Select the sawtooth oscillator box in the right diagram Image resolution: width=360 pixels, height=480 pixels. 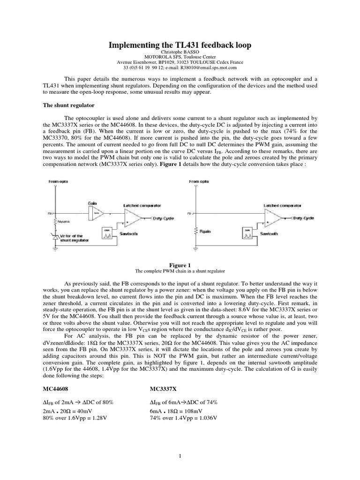247,232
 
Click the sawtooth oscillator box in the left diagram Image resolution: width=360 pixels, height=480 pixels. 107,232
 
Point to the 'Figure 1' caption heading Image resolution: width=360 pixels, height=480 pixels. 180,265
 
